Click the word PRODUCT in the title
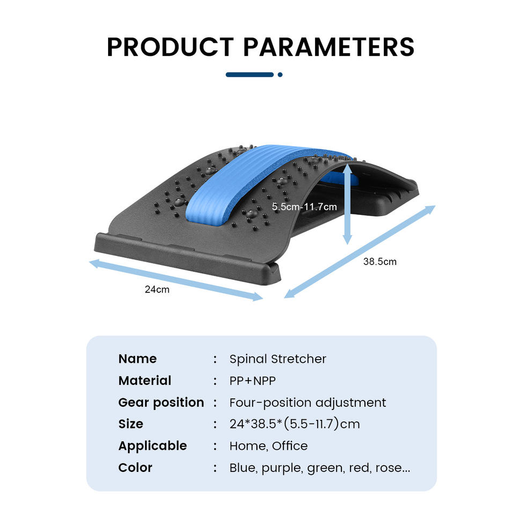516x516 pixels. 170,47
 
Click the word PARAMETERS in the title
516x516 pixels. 329,47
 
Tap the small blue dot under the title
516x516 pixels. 280,75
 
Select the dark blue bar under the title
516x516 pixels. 250,75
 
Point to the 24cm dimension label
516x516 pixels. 157,290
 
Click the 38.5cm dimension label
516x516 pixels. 380,262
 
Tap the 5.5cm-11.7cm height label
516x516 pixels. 304,206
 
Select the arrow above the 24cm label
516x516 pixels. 176,279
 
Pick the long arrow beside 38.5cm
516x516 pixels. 360,252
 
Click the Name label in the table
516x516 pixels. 138,359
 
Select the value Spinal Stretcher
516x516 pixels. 278,359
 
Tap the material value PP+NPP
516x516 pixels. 253,381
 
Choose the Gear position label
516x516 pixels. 161,403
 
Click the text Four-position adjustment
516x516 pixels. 307,403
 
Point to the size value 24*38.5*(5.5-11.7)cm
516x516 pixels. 295,424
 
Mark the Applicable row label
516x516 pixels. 153,446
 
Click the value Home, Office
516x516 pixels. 269,446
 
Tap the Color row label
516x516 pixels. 135,468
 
